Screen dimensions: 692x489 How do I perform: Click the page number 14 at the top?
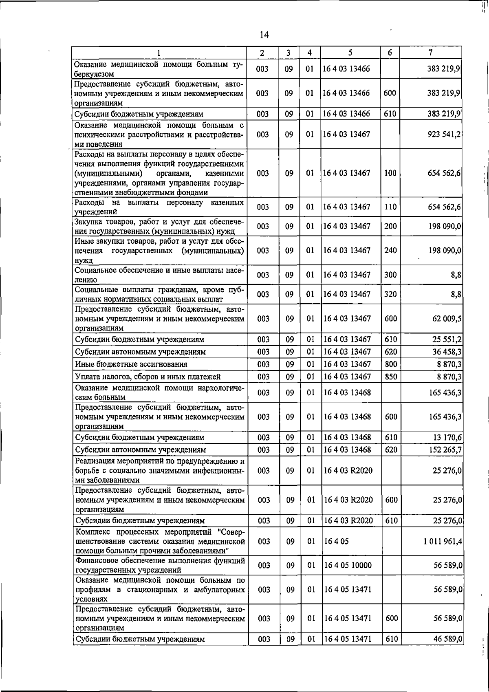pyautogui.click(x=264, y=35)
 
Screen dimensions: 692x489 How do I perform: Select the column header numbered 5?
pyautogui.click(x=350, y=53)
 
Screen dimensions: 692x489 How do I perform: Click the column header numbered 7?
pyautogui.click(x=430, y=53)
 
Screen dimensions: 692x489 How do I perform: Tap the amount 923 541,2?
pyautogui.click(x=444, y=134)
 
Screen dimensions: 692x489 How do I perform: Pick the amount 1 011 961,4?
pyautogui.click(x=442, y=541)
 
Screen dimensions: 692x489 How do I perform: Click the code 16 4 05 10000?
pyautogui.click(x=347, y=565)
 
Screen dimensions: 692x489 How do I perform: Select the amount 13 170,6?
pyautogui.click(x=447, y=437)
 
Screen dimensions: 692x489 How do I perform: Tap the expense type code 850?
pyautogui.click(x=390, y=377)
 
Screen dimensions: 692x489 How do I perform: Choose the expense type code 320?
pyautogui.click(x=390, y=294)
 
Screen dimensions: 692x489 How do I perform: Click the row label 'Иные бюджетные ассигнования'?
pyautogui.click(x=131, y=364)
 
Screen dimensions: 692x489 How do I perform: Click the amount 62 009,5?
pyautogui.click(x=447, y=318)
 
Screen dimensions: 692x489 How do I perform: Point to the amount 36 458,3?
pyautogui.click(x=447, y=351)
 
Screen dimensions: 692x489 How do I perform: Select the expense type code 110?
pyautogui.click(x=390, y=207)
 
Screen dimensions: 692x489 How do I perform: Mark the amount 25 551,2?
pyautogui.click(x=447, y=339)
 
